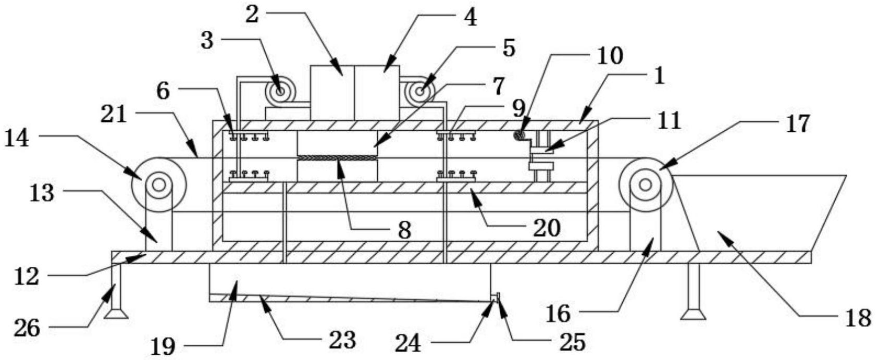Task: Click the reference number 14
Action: tap(17, 139)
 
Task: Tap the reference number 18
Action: tap(858, 318)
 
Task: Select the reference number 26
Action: tap(27, 328)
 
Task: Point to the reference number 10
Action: tap(610, 56)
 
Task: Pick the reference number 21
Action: tap(114, 115)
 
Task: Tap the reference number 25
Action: tap(573, 342)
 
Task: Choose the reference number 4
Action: tap(470, 18)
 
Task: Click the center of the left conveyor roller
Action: tap(159, 185)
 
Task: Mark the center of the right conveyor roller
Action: tap(646, 185)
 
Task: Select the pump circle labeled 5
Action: tap(420, 92)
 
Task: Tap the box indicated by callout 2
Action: tap(332, 93)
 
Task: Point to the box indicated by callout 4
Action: tap(377, 93)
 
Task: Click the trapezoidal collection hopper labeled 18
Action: tap(760, 214)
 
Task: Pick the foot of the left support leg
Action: tap(116, 314)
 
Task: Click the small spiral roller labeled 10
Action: tap(520, 135)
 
